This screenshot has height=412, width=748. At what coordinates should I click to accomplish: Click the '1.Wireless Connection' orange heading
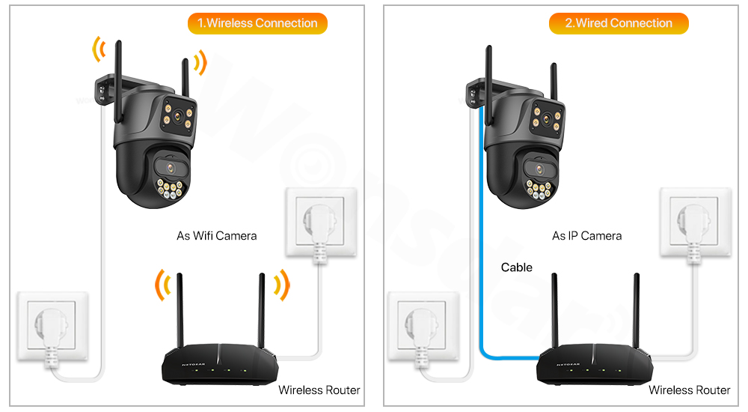(x=257, y=23)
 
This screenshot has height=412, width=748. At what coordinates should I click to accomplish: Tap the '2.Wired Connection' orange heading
(x=618, y=23)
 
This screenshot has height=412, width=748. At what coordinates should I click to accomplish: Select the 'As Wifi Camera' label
(x=216, y=236)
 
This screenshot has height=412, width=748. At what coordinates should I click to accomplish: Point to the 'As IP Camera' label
(x=586, y=236)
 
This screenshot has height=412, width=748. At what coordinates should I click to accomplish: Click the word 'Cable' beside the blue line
(x=517, y=267)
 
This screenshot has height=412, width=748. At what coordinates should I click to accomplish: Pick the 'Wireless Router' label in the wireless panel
(x=319, y=390)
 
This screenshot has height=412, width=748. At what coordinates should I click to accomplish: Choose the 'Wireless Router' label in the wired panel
(x=689, y=390)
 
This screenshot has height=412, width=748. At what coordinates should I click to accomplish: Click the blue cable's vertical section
(x=479, y=225)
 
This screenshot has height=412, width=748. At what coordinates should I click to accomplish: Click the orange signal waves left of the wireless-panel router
(x=162, y=286)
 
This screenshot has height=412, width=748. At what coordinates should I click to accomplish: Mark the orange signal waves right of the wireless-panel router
(x=281, y=285)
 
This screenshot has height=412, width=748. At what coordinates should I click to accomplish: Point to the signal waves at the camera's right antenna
(x=199, y=63)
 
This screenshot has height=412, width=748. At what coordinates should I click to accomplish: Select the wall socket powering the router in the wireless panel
(x=320, y=225)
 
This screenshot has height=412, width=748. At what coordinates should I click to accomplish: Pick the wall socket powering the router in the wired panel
(x=693, y=225)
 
